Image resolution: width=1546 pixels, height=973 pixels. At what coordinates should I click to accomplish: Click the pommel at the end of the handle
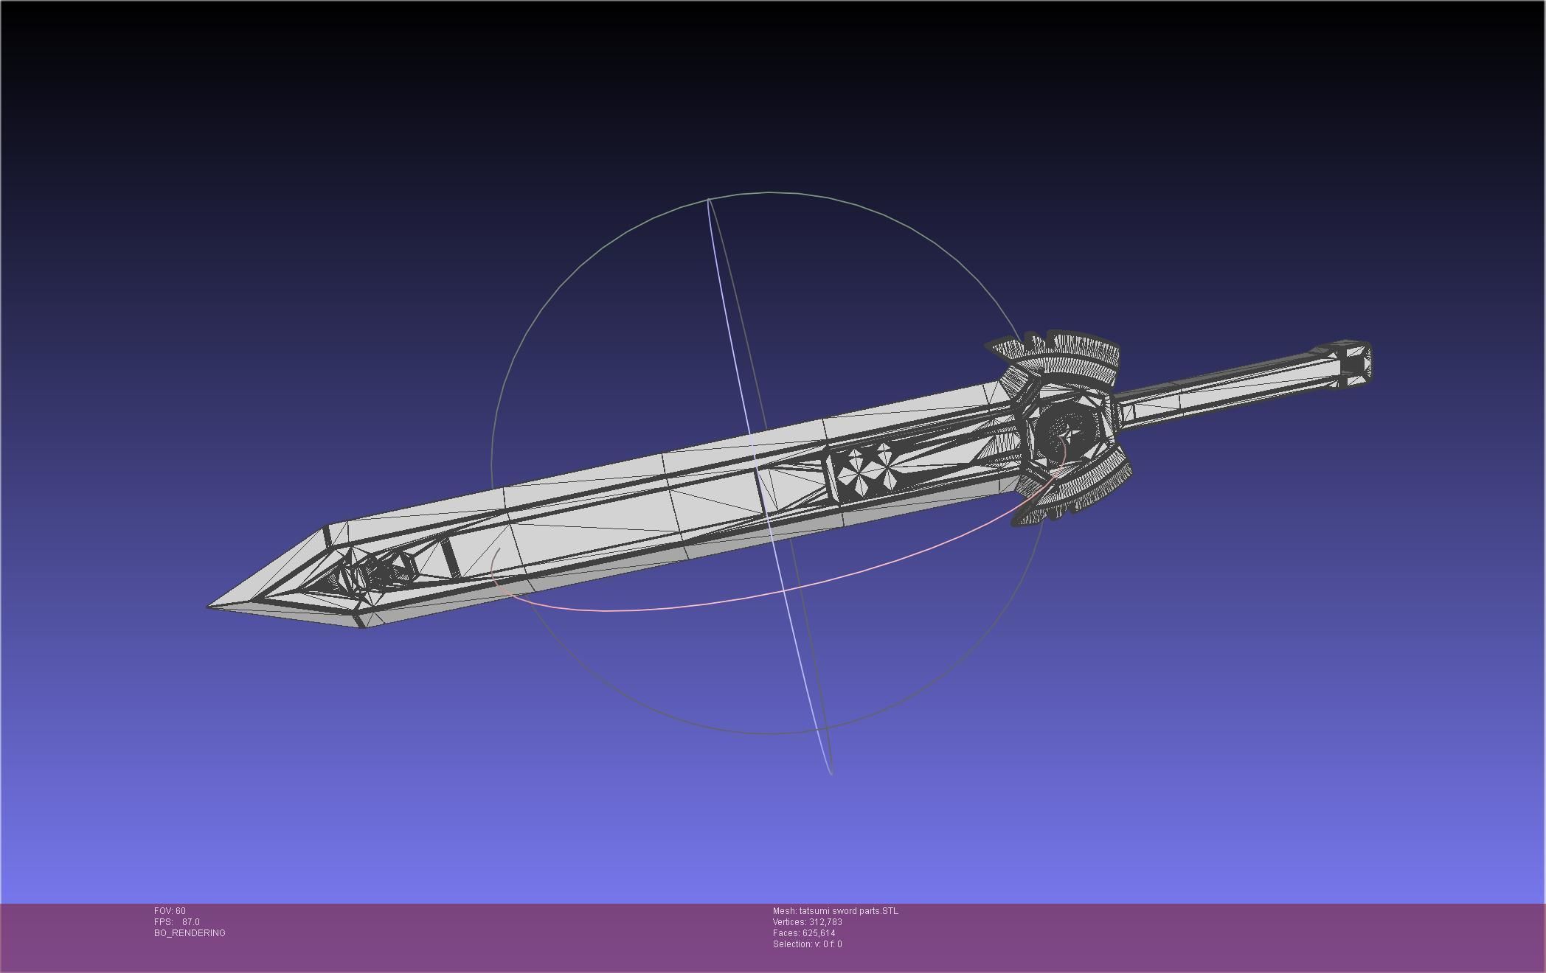point(1354,363)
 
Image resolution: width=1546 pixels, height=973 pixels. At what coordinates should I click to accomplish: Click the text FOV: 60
point(170,911)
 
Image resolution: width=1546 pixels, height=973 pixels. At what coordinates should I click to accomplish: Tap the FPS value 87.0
point(190,922)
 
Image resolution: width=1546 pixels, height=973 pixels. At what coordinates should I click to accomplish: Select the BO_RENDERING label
point(190,933)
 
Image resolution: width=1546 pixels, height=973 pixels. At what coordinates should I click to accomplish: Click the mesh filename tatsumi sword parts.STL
point(848,911)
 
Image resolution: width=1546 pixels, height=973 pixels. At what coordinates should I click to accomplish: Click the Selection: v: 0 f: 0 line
point(807,944)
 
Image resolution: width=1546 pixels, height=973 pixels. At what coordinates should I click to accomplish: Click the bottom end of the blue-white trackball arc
point(831,773)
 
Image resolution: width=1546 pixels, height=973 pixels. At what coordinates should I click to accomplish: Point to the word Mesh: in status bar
point(784,911)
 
